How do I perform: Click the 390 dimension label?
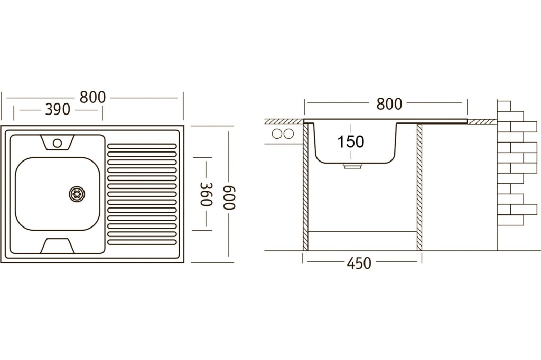pyautogui.click(x=58, y=110)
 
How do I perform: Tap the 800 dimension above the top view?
pyautogui.click(x=92, y=98)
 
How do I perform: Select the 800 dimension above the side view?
pyautogui.click(x=389, y=104)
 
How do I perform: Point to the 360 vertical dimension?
pyautogui.click(x=206, y=194)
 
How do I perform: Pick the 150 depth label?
pyautogui.click(x=351, y=141)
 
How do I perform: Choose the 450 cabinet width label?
pyautogui.click(x=359, y=263)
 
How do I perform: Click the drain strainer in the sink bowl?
pyautogui.click(x=77, y=194)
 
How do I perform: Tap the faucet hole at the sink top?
pyautogui.click(x=57, y=143)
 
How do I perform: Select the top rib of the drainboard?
pyautogui.click(x=142, y=146)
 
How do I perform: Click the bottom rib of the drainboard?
pyautogui.click(x=142, y=242)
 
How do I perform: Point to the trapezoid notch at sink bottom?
pyautogui.click(x=58, y=246)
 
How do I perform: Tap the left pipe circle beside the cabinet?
pyautogui.click(x=277, y=134)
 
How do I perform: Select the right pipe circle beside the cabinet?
pyautogui.click(x=288, y=134)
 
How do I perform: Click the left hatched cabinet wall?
pyautogui.click(x=305, y=186)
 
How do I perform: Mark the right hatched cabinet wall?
pyautogui.click(x=419, y=186)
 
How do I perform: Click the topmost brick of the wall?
pyautogui.click(x=504, y=106)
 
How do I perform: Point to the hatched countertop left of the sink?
pyautogui.click(x=284, y=121)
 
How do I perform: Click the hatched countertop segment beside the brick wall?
pyautogui.click(x=482, y=121)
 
